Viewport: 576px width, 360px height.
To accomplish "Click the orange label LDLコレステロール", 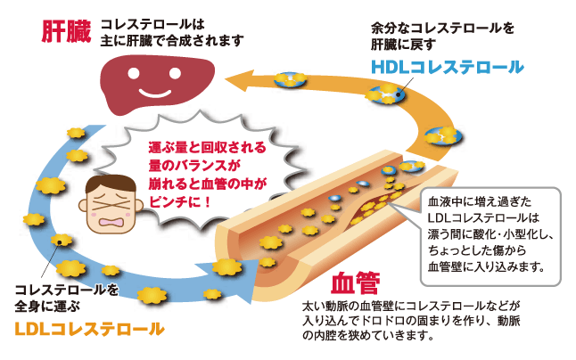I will [x=89, y=330].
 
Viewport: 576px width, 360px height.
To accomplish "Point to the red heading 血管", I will [x=355, y=285].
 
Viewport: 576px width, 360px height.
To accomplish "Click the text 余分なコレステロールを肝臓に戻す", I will [x=442, y=35].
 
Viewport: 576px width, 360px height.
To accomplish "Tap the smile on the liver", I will [x=159, y=91].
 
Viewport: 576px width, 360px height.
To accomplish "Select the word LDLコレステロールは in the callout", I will [x=480, y=218].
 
